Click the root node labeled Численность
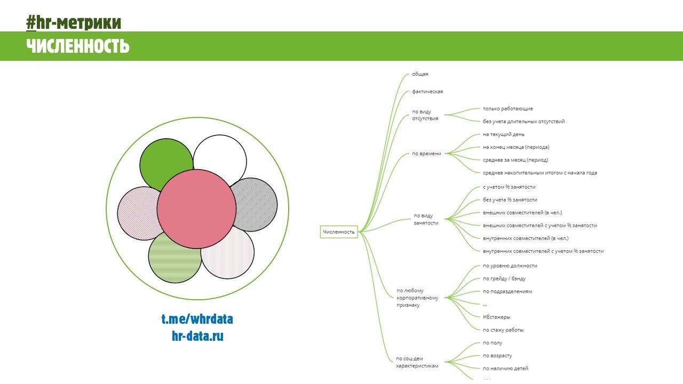coord(339,232)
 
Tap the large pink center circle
coord(196,210)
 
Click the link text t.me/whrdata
coord(197,319)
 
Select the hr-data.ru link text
coord(197,336)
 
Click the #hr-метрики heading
coord(74,22)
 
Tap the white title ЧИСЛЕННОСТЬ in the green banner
coord(78,46)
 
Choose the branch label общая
coord(420,74)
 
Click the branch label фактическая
coord(427,92)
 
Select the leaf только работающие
coord(507,109)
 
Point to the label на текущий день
coord(503,134)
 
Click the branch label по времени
coord(426,154)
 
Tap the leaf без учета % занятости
coord(510,200)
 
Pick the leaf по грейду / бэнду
coord(504,278)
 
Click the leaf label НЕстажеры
coord(496,317)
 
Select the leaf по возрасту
coord(497,356)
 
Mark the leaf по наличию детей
coord(505,369)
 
